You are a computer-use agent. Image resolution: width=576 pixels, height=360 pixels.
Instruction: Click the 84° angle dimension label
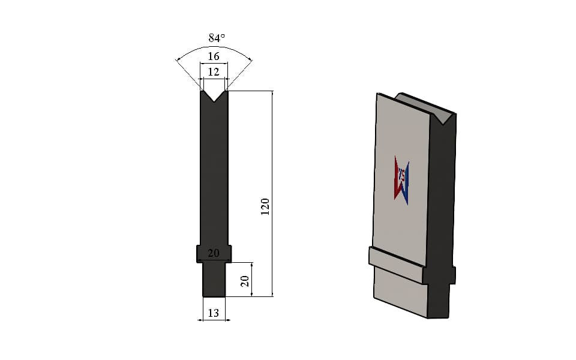coord(217,38)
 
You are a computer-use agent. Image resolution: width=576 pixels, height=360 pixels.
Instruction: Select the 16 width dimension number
coord(214,56)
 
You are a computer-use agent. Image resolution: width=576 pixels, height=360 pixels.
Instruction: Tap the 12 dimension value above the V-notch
coord(214,71)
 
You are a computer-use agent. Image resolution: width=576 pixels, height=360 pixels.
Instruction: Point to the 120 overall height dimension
coord(265,206)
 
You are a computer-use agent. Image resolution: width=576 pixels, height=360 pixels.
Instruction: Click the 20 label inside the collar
coord(214,253)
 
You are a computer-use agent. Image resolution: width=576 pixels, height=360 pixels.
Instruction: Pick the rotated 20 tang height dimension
coord(245,281)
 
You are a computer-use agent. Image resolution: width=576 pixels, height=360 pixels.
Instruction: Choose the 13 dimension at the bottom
coord(214,313)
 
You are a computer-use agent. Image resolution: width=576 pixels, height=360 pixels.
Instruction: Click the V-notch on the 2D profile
coord(214,95)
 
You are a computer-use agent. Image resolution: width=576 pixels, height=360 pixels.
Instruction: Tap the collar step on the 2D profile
coord(214,253)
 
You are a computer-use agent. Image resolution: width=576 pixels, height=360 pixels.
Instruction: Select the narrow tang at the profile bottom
coord(214,280)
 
